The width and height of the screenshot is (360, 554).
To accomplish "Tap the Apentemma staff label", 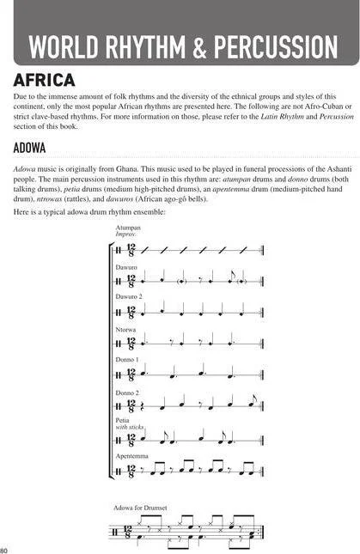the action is (x=131, y=456).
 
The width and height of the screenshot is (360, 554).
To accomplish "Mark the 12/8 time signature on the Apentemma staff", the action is (x=131, y=470).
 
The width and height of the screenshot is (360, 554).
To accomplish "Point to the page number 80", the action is (x=5, y=549).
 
